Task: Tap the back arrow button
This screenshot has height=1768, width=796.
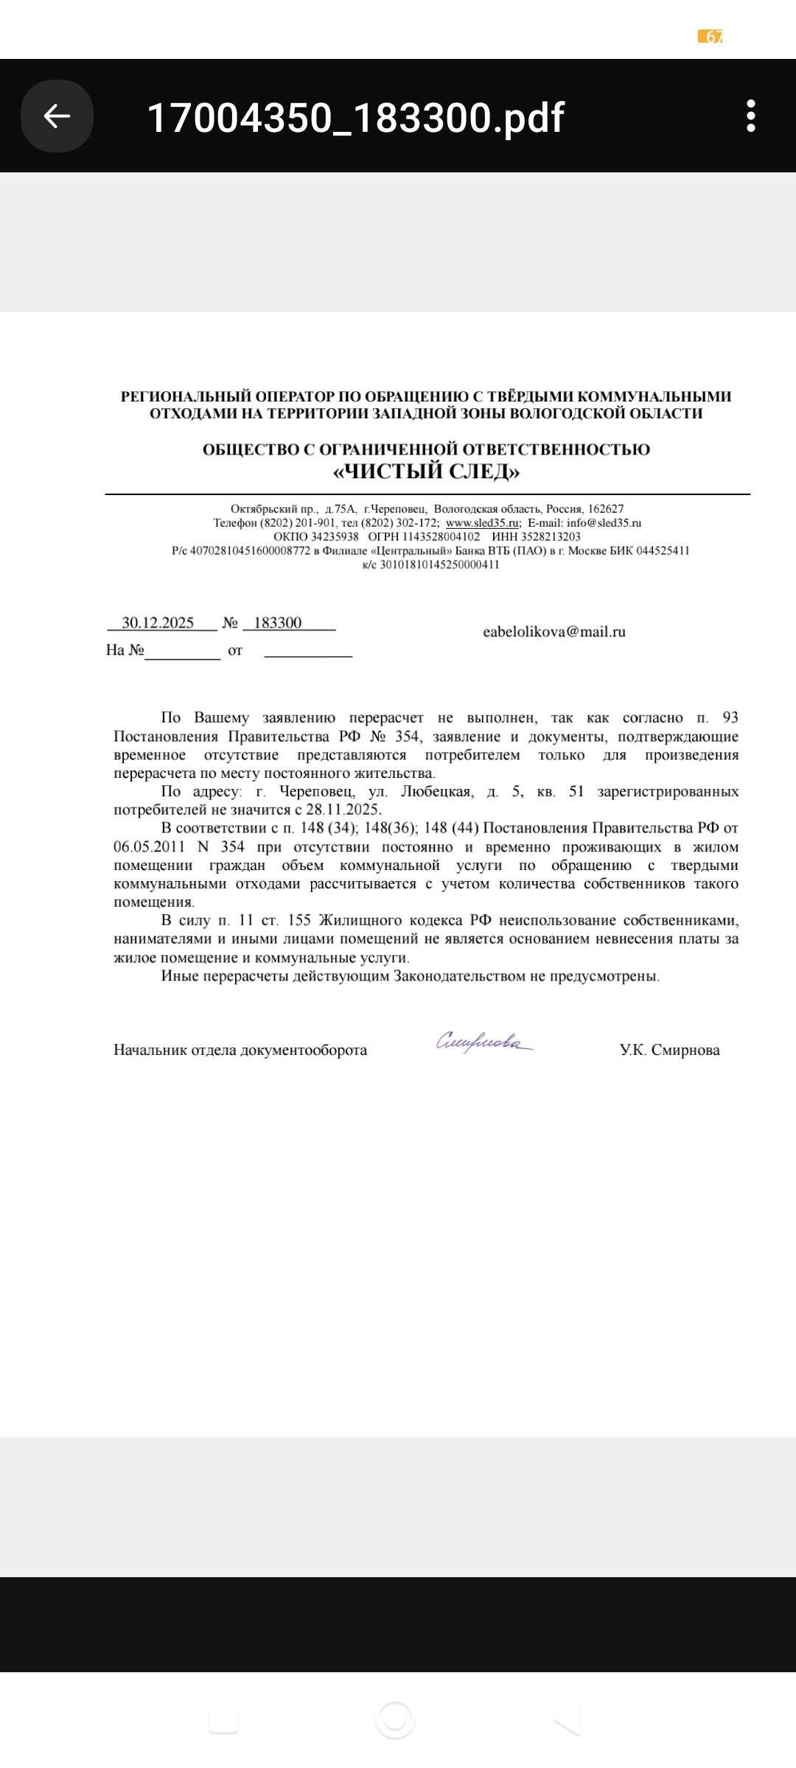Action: tap(57, 116)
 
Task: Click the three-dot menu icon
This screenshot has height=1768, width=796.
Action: tap(750, 116)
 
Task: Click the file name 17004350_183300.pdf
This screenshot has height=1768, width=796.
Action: tap(355, 118)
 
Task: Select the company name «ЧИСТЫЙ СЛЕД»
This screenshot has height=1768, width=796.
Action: tap(426, 471)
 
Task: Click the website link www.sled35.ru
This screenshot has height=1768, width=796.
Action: tap(482, 523)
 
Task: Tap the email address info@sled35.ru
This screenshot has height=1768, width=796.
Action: tap(604, 523)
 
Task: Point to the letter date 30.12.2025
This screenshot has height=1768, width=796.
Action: tap(158, 623)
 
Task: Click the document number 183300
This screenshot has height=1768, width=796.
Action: tap(278, 623)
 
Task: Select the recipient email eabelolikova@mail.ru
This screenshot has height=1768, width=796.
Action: tap(554, 632)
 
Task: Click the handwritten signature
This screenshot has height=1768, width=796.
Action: tap(483, 1042)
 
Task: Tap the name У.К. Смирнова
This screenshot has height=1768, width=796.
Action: tap(669, 1050)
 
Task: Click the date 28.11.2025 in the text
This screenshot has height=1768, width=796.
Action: tap(343, 810)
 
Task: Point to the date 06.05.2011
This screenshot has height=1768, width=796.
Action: tap(149, 847)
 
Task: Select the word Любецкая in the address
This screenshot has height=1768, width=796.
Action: tap(436, 792)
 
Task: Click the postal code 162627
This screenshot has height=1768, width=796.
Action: tap(606, 509)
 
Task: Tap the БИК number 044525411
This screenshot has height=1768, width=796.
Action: tap(663, 551)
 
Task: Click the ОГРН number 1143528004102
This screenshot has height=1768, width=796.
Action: tap(441, 537)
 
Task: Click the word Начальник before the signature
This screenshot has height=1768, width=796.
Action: tap(150, 1050)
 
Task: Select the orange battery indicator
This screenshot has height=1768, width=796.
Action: tap(710, 37)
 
